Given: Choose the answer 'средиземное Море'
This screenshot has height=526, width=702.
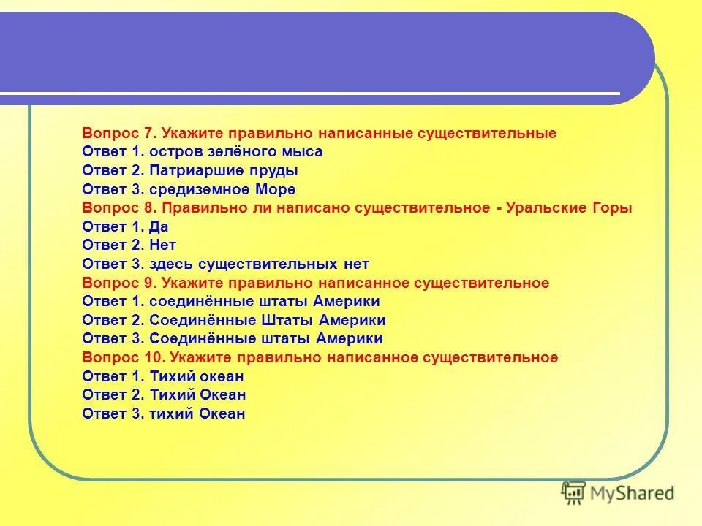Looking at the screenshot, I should tap(222, 189).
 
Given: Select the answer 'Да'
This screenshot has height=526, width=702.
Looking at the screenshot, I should tap(159, 226).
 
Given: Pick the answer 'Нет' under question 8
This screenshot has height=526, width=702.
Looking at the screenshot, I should tap(162, 245).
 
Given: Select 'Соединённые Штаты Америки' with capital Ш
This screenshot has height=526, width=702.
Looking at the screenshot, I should tap(267, 320).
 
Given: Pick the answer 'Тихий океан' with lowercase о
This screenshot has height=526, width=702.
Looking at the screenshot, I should tap(196, 376).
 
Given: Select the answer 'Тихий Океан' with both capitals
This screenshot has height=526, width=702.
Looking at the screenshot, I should tap(197, 395).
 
